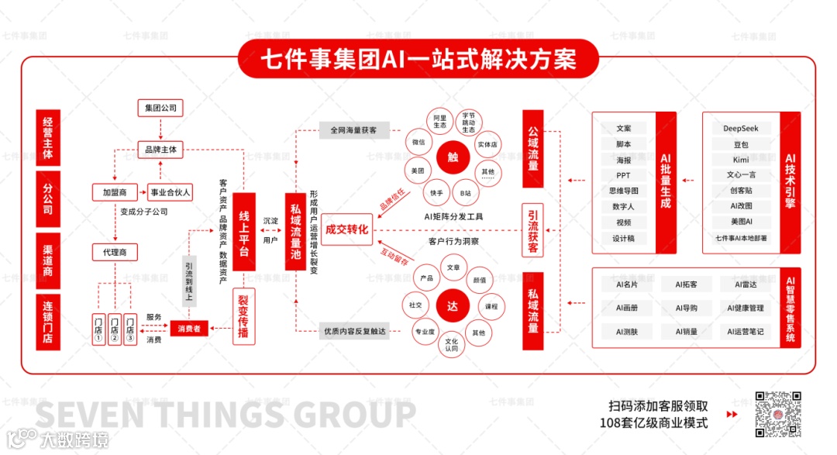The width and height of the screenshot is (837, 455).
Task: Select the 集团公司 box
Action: (160, 107)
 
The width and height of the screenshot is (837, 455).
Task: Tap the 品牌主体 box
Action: (160, 150)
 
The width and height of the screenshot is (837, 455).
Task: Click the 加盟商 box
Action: (115, 191)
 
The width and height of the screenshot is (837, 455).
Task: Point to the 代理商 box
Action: (115, 252)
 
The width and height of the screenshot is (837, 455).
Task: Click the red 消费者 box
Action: (190, 329)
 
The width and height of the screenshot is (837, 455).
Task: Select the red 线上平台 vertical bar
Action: (244, 231)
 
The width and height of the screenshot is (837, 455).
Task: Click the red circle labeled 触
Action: (453, 157)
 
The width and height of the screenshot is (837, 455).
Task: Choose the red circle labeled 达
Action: (453, 305)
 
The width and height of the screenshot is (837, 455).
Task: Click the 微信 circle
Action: (418, 143)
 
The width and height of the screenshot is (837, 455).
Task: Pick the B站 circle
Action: (465, 192)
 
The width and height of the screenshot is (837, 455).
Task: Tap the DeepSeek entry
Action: (741, 129)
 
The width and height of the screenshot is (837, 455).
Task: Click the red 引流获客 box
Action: (533, 231)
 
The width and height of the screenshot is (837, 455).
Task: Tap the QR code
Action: (778, 415)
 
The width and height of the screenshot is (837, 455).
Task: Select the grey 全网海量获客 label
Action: (353, 130)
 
